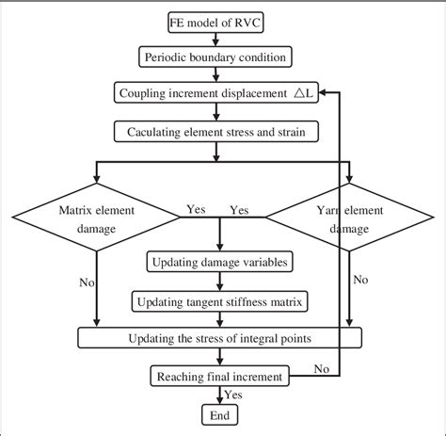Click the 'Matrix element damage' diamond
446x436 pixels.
97,218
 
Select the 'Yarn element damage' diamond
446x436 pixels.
348,218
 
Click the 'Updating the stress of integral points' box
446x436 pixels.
220,337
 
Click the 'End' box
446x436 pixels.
219,414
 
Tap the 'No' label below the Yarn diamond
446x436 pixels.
359,280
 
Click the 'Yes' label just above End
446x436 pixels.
234,396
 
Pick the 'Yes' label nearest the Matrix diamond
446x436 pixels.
196,209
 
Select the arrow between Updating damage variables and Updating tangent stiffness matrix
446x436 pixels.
219,281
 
